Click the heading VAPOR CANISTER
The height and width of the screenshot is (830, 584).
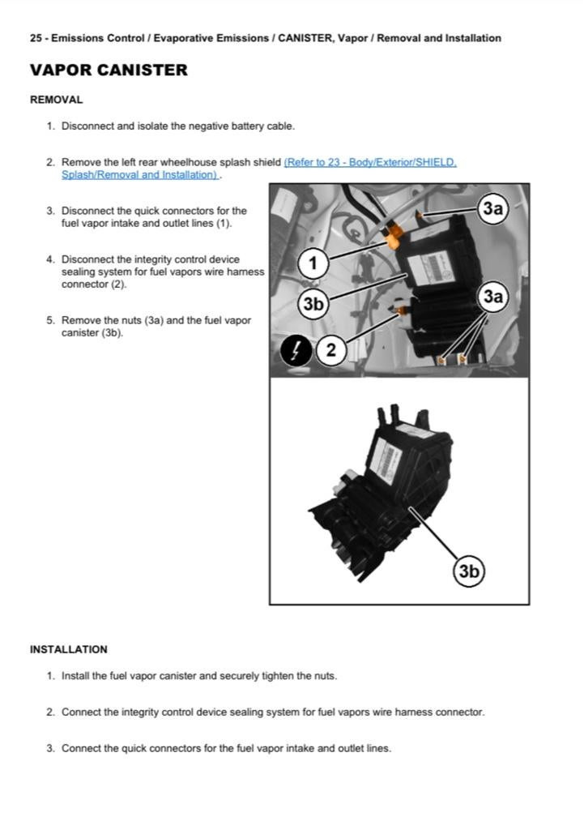click(109, 71)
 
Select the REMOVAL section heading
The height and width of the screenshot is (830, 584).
click(56, 101)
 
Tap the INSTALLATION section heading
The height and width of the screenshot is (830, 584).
click(68, 649)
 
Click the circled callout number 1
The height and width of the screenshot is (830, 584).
click(313, 263)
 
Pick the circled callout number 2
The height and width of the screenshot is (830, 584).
click(330, 351)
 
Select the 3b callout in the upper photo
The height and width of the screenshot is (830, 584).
click(313, 304)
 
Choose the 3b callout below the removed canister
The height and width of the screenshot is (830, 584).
click(468, 571)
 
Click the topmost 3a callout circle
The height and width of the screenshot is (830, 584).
click(492, 208)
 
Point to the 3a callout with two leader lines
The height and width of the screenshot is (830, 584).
click(492, 297)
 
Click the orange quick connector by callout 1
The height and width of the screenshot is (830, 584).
click(395, 237)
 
